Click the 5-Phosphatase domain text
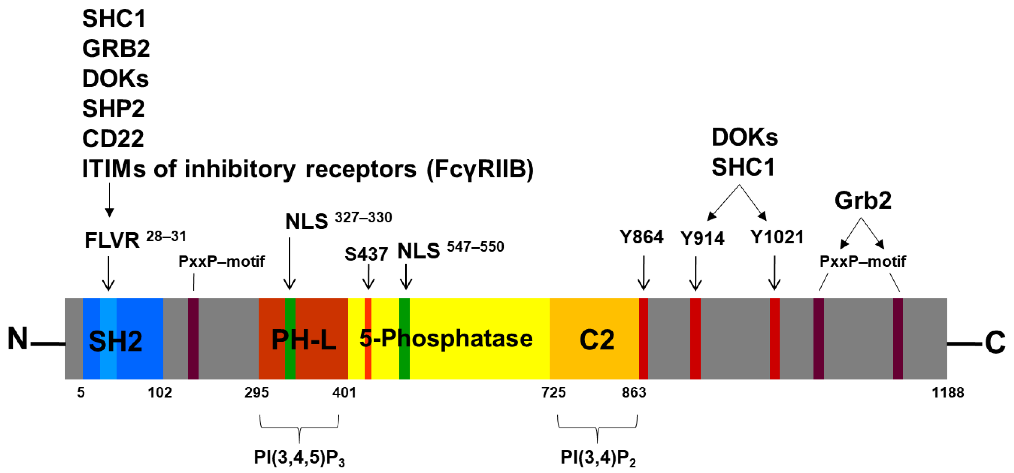[x=446, y=339]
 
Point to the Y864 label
[x=642, y=237]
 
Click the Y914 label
[x=703, y=238]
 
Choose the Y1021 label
[x=777, y=237]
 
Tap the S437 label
[x=366, y=254]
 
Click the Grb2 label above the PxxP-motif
[x=863, y=201]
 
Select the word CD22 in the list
[x=113, y=139]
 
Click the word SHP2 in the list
[x=113, y=109]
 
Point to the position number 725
[x=554, y=392]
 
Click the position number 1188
[x=948, y=392]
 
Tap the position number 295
[x=257, y=392]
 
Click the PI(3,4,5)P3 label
[x=299, y=458]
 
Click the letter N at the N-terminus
[x=18, y=339]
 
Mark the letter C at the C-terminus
[x=995, y=343]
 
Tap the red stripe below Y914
[x=695, y=339]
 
